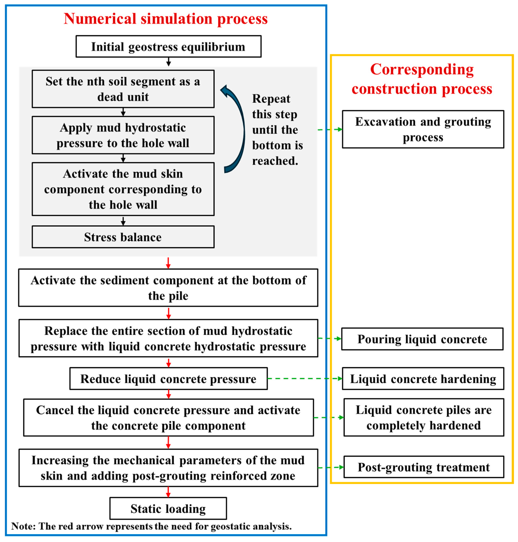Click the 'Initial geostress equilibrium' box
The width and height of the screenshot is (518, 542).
(x=168, y=46)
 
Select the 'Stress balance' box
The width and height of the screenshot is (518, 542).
(x=123, y=237)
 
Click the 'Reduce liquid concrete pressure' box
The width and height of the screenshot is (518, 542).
(x=168, y=379)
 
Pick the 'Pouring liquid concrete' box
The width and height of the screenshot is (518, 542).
(x=422, y=339)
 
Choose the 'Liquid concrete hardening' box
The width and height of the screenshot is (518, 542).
(x=423, y=379)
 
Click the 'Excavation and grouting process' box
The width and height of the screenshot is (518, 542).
(x=423, y=129)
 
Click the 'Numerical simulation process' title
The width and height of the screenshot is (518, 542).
(x=166, y=19)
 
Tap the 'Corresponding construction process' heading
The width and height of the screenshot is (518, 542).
(x=422, y=79)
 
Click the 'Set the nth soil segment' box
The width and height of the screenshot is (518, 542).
(x=123, y=89)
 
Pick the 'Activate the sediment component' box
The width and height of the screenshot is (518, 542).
(x=168, y=288)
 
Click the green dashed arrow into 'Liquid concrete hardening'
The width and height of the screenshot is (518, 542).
(x=304, y=379)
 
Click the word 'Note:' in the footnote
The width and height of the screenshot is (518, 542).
(x=23, y=526)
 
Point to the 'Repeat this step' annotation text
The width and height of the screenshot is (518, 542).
(x=277, y=130)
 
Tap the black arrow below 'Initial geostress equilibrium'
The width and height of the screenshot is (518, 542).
(x=168, y=62)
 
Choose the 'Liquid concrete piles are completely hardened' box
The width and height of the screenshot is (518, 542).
(x=424, y=418)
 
